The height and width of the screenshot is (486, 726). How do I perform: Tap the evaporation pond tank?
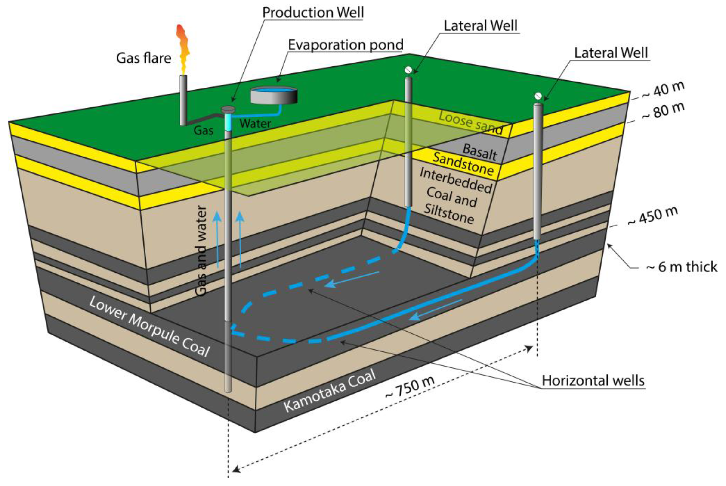[x=274, y=95]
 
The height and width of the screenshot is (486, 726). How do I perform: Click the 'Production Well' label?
[x=313, y=13]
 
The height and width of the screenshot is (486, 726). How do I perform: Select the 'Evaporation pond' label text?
[x=346, y=45]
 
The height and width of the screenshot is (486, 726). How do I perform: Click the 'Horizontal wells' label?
[x=593, y=381]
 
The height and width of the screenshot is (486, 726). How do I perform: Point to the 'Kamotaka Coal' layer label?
[x=330, y=391]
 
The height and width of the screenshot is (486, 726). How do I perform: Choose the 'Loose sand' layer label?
[x=471, y=123]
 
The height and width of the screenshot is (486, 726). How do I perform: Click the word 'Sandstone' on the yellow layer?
[x=463, y=164]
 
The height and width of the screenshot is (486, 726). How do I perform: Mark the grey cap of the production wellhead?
[x=229, y=109]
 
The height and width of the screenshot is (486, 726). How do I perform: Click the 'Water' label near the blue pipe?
[x=255, y=124]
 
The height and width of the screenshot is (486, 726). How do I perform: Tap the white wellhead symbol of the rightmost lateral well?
[x=538, y=95]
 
